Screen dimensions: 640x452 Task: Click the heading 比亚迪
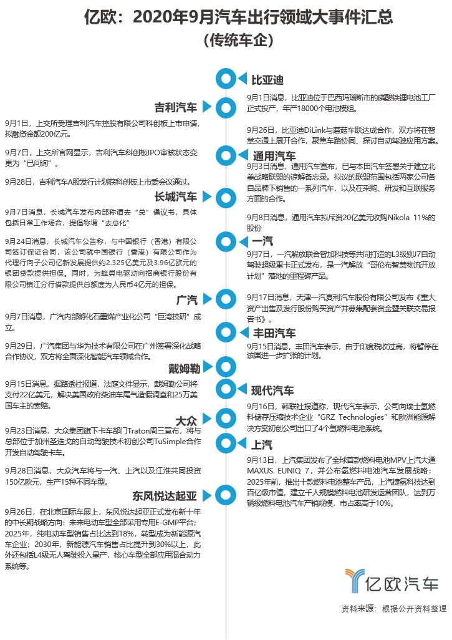(267, 80)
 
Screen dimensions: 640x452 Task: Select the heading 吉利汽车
(176, 107)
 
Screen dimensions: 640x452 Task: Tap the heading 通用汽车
(274, 155)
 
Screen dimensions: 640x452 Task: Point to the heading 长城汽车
(176, 197)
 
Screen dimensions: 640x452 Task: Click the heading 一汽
(262, 241)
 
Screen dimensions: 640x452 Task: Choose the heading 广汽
(187, 299)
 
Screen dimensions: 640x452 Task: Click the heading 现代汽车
(272, 390)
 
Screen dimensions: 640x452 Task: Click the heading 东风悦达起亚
(165, 496)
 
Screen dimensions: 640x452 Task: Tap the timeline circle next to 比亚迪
(226, 79)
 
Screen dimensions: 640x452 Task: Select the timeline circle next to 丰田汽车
(226, 331)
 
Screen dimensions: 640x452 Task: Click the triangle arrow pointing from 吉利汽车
(208, 107)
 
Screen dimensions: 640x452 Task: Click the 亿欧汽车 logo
(392, 582)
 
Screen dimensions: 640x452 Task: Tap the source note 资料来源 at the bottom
(393, 608)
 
